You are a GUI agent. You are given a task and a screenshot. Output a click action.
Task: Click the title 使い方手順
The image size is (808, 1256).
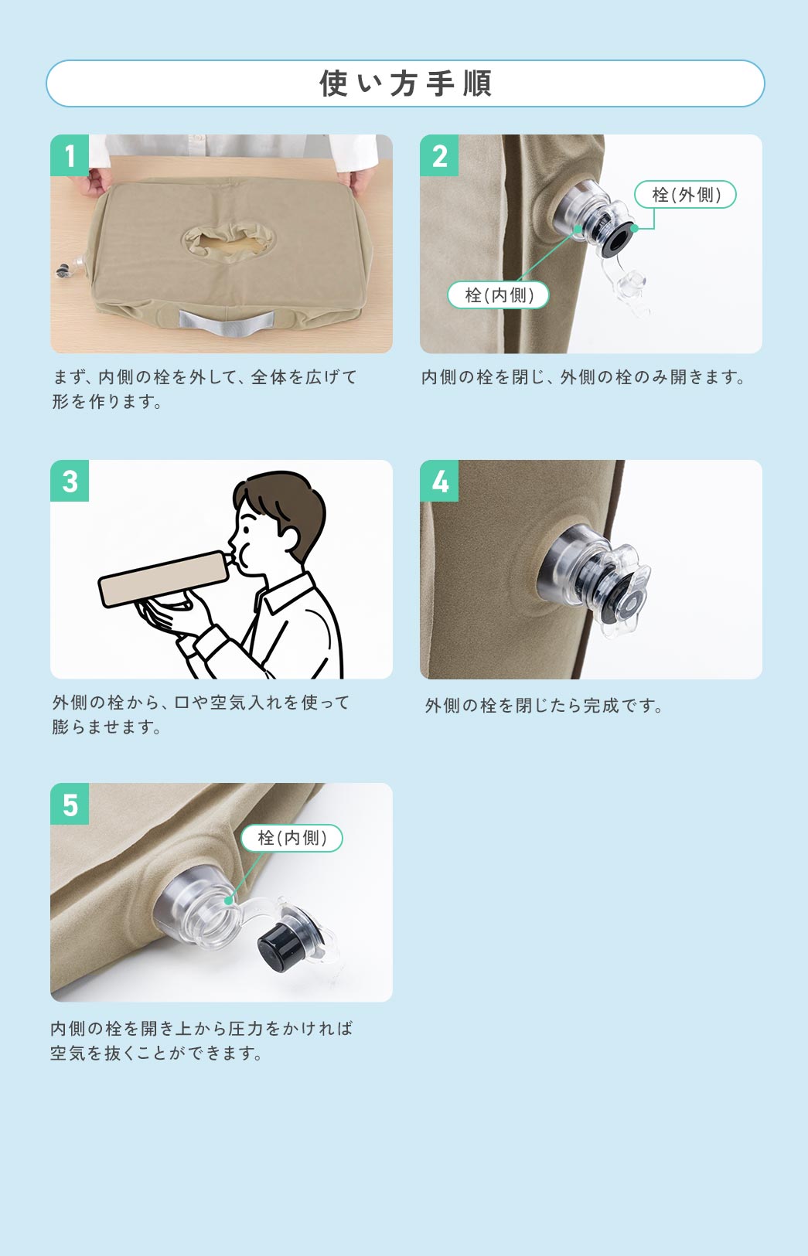click(x=405, y=83)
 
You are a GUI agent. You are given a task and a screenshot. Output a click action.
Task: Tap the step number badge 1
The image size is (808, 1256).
click(x=70, y=155)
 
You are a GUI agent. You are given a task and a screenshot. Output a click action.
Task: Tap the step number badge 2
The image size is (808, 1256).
click(x=439, y=155)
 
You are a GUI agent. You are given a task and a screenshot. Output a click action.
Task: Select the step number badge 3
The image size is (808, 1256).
click(x=70, y=481)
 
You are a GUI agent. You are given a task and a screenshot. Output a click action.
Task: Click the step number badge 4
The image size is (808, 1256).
click(x=439, y=481)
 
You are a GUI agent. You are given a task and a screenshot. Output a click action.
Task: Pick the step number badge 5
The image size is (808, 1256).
click(x=70, y=804)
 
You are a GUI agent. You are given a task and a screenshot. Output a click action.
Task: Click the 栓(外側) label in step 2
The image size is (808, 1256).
click(x=685, y=195)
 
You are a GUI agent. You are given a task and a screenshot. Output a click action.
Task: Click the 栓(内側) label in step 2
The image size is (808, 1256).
click(x=498, y=294)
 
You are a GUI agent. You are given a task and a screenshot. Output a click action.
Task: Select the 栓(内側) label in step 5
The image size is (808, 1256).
click(x=291, y=838)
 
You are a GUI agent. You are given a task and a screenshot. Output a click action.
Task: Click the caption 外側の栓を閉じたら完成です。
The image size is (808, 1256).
click(x=544, y=706)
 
